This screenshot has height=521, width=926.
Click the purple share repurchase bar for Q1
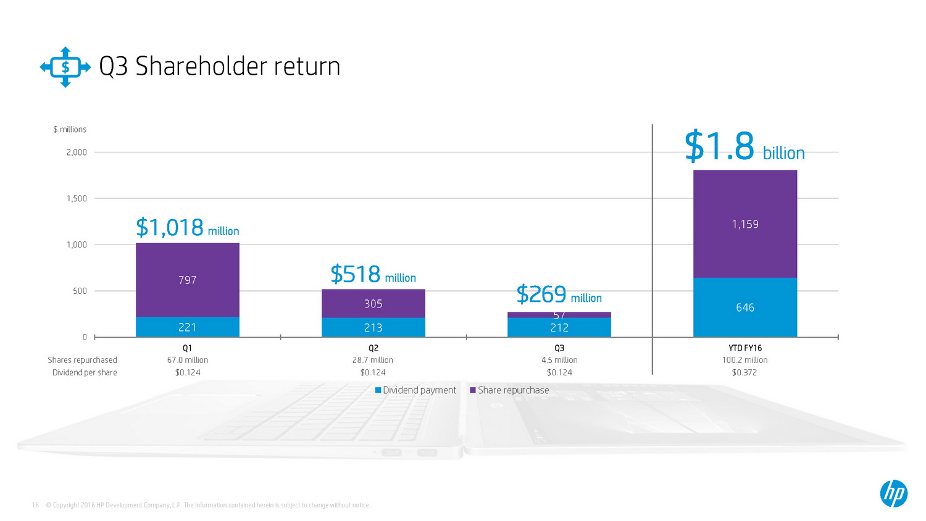pyautogui.click(x=187, y=280)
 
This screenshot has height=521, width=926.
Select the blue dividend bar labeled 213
pyautogui.click(x=373, y=327)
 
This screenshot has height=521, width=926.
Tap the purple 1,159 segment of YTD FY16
pyautogui.click(x=745, y=224)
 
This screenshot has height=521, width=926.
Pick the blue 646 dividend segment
pyautogui.click(x=745, y=307)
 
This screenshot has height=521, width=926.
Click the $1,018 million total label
pyautogui.click(x=187, y=228)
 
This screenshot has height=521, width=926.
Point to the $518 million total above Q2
pyautogui.click(x=373, y=275)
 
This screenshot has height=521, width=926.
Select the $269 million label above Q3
pyautogui.click(x=559, y=295)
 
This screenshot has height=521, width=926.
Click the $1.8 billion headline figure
pyautogui.click(x=745, y=147)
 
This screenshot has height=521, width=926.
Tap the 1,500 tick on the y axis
pyautogui.click(x=77, y=198)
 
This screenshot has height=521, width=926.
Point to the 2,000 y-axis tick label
pyautogui.click(x=77, y=152)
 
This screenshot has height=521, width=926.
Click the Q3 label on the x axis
pyautogui.click(x=559, y=348)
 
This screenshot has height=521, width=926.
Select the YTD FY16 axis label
pyautogui.click(x=745, y=348)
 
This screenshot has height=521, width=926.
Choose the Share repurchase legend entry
pyautogui.click(x=509, y=390)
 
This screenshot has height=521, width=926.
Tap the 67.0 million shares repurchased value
pyautogui.click(x=188, y=360)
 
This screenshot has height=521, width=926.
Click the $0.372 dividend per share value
pyautogui.click(x=745, y=372)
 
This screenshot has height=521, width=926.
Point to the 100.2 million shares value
pyautogui.click(x=745, y=360)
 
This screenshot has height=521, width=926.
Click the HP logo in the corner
pyautogui.click(x=893, y=493)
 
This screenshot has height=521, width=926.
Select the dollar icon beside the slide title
pyautogui.click(x=65, y=67)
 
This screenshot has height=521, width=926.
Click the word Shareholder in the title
pyautogui.click(x=201, y=67)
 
